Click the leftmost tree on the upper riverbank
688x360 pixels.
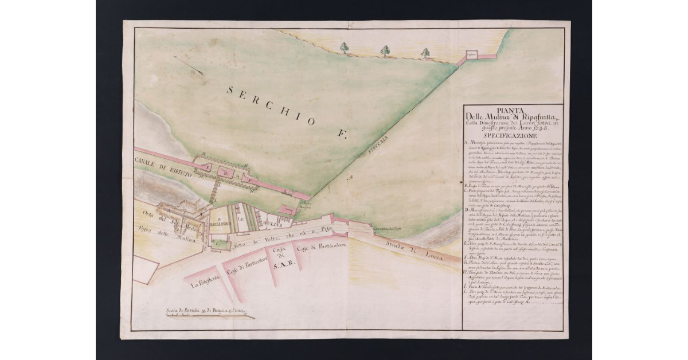(x=344, y=47)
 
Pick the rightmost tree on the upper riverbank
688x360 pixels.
(x=425, y=53)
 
